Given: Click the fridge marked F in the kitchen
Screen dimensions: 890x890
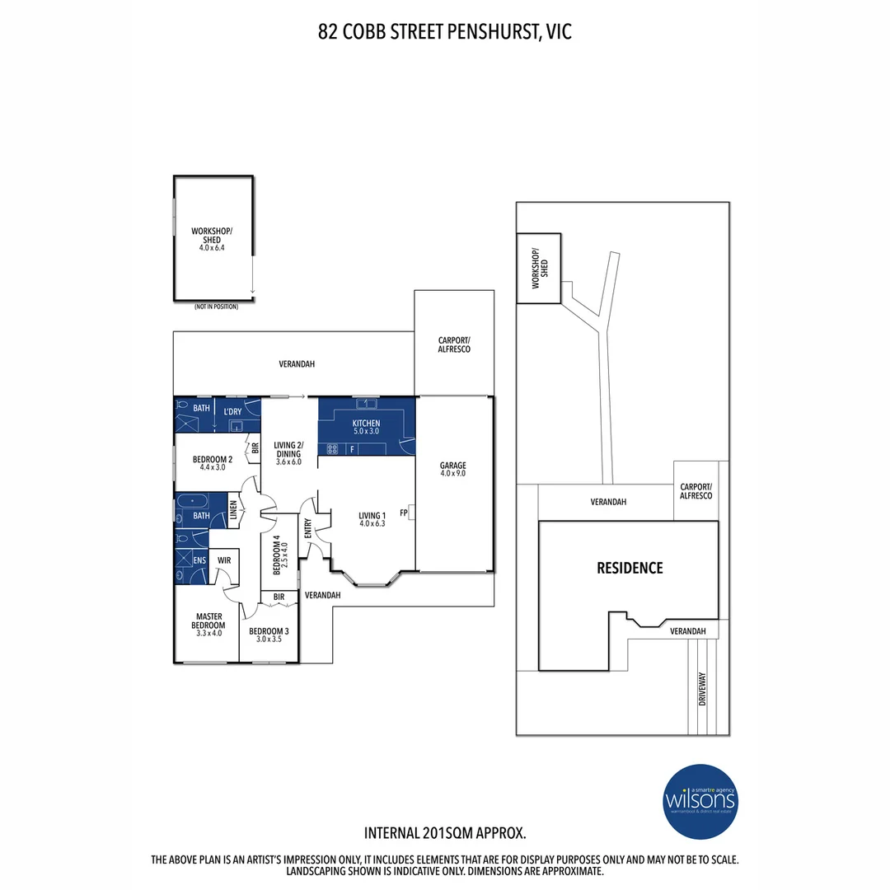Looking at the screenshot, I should [x=353, y=449].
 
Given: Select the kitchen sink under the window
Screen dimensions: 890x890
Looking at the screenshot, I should [x=366, y=404].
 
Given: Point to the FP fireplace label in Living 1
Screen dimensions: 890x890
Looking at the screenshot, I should [x=404, y=513].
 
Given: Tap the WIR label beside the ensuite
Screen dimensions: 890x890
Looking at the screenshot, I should [x=222, y=560].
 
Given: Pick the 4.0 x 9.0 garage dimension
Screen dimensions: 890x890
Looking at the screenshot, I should [x=453, y=474].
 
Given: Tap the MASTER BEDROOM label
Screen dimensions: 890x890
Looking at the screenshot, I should [x=210, y=621].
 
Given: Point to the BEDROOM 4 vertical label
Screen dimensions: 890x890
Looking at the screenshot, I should [x=278, y=553].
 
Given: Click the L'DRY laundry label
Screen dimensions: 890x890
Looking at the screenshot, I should [x=233, y=410].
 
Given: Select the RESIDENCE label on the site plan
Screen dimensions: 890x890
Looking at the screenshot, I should [x=630, y=568].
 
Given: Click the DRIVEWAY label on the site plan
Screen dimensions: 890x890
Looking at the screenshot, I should [x=703, y=688].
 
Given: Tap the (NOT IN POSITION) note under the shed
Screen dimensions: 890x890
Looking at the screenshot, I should [x=216, y=307].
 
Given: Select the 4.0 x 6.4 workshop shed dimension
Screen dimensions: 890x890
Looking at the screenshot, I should [x=212, y=247].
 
